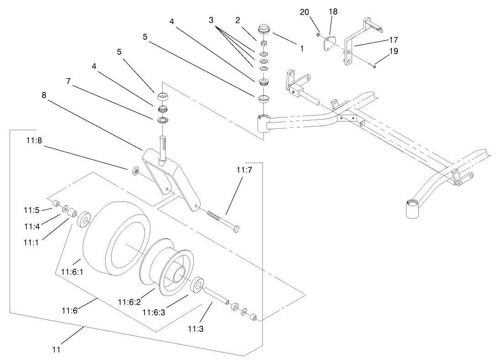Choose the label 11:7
tap(244, 170)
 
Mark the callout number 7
tap(69, 81)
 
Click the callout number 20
tap(305, 12)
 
